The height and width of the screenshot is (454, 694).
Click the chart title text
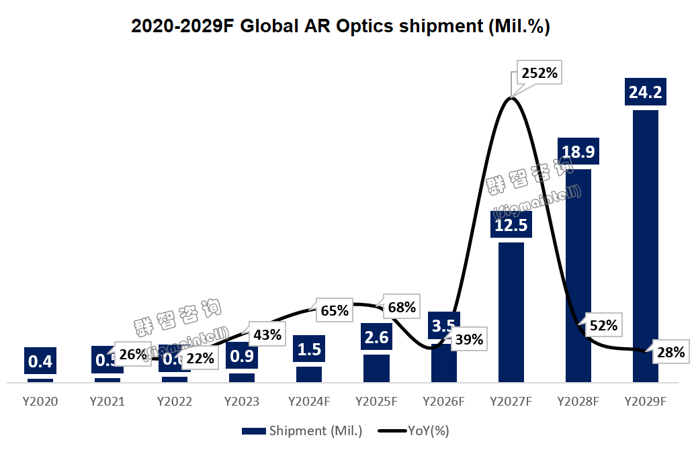point(341,26)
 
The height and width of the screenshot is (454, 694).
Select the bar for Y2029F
point(646,246)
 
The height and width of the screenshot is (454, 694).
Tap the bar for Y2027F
point(511,312)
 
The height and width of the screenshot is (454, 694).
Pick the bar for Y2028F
point(578,275)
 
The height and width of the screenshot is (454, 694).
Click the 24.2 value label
point(646,92)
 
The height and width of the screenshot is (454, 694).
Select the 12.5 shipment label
point(511,224)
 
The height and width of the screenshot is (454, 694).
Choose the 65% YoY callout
point(335,311)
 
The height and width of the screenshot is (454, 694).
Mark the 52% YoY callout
point(603,326)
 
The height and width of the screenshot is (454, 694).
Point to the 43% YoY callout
point(267,334)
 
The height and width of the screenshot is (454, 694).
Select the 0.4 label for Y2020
point(40,361)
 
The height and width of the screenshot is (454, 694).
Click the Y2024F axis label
point(309,402)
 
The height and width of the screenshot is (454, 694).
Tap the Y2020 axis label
point(40,402)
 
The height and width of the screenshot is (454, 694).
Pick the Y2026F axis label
point(443,402)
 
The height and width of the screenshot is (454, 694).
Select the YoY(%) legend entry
point(415,431)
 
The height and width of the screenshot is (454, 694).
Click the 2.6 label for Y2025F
point(376,336)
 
